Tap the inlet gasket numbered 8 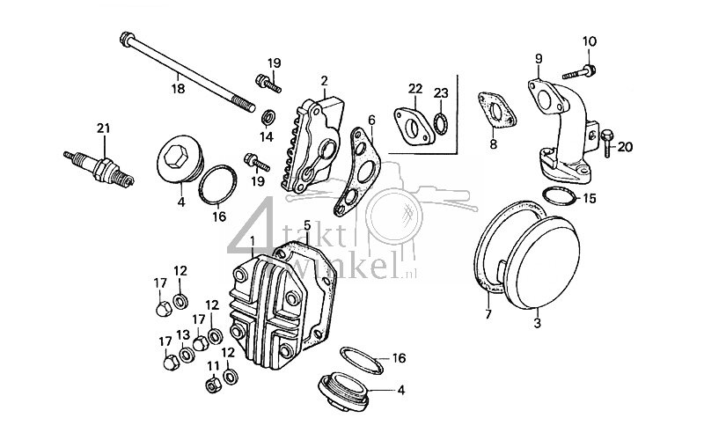[497, 110]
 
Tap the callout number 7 [487, 312]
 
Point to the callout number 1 [253, 239]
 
